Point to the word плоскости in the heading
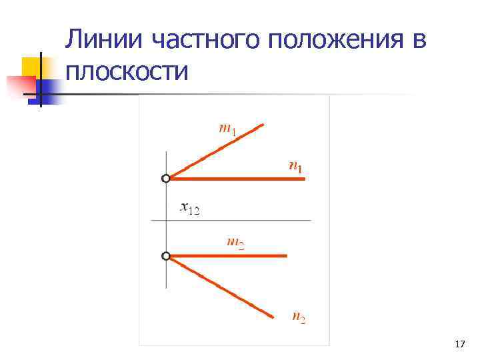coord(127,71)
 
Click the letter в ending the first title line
coord(418,41)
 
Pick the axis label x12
coord(190,208)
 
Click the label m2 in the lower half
coord(235,243)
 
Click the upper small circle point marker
coord(166,178)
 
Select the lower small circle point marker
coord(166,255)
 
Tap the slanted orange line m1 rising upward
coord(217,151)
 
